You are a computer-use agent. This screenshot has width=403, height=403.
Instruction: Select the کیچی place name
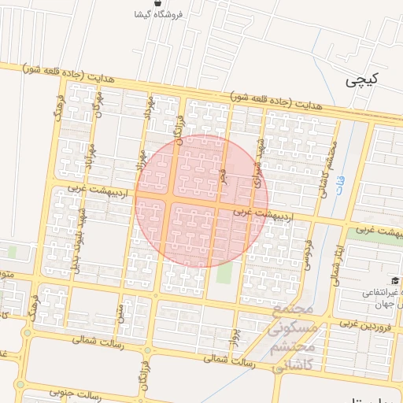pos(363,79)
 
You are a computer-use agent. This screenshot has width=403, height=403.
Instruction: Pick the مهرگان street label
pos(98,103)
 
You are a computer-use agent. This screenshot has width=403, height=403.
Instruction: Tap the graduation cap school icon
pos(394,281)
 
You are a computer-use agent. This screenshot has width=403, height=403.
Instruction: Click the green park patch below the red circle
pos(225,273)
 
